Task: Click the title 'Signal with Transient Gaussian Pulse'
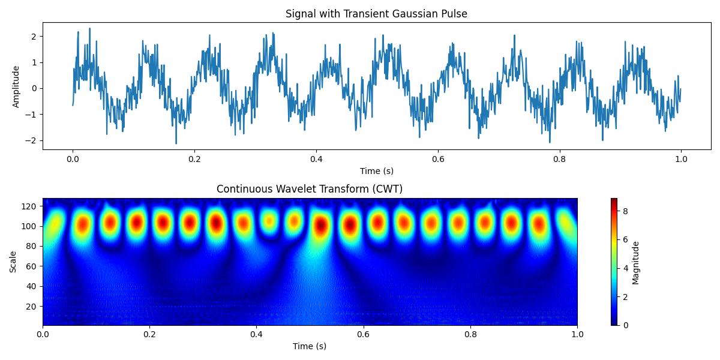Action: click(x=376, y=14)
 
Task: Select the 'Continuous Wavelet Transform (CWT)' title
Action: click(x=310, y=189)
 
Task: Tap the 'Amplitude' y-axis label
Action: click(x=16, y=86)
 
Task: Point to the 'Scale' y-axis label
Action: click(x=13, y=262)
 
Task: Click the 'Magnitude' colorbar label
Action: click(x=636, y=262)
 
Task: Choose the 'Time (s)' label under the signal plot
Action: click(x=376, y=171)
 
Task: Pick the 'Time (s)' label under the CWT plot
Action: click(x=310, y=346)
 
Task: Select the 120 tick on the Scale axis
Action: click(x=31, y=206)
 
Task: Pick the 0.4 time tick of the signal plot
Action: click(x=316, y=160)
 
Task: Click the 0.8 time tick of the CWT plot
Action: click(x=470, y=335)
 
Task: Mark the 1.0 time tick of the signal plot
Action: click(x=681, y=160)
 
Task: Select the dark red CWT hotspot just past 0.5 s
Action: click(x=322, y=226)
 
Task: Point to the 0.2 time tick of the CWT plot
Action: click(x=149, y=335)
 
